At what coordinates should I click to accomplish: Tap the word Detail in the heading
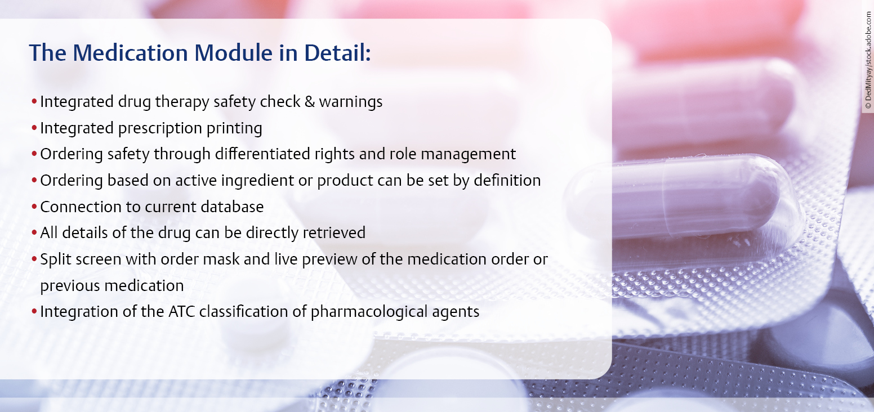click(337, 53)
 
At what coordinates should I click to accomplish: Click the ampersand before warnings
click(309, 101)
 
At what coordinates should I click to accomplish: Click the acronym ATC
click(182, 312)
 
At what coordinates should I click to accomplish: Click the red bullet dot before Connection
click(34, 207)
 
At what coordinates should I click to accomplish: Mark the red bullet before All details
click(34, 232)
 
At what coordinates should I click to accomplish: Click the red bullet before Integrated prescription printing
click(34, 128)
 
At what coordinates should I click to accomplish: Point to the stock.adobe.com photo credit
click(868, 60)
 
